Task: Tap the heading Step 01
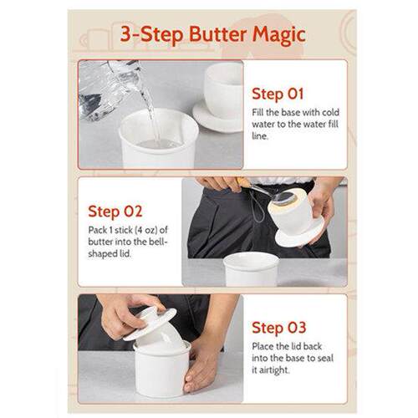point(278,94)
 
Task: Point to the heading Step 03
point(278,328)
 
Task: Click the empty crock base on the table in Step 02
point(250,268)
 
